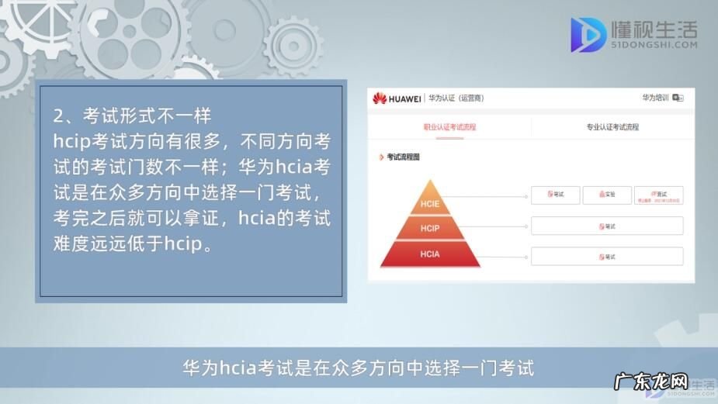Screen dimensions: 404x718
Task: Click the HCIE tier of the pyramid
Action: point(430,204)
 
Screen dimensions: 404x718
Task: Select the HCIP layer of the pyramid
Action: point(430,229)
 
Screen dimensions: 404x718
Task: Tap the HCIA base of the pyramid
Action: point(430,254)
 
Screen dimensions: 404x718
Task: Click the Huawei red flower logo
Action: point(380,98)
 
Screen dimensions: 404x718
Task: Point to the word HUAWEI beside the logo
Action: point(405,98)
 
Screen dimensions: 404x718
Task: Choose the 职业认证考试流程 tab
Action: point(449,126)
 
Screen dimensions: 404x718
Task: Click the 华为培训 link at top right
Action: point(655,98)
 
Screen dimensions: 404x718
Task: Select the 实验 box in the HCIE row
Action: point(607,195)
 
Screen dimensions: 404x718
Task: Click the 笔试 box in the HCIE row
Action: point(556,195)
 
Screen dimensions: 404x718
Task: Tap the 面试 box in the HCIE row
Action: point(658,195)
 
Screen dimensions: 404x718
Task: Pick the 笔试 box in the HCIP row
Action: point(607,226)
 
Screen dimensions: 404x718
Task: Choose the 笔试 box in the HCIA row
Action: point(607,257)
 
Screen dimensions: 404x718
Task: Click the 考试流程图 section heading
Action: point(403,157)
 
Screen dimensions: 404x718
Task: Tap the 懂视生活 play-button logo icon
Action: point(588,34)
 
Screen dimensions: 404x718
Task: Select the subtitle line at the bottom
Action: point(359,367)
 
